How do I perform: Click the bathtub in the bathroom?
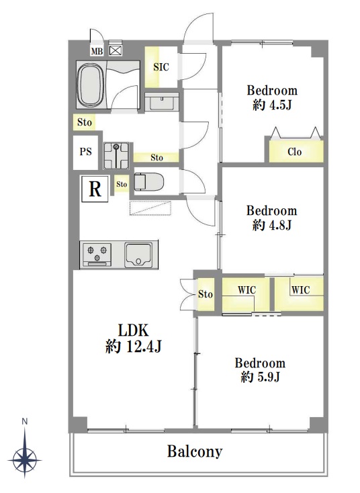coord(92,85)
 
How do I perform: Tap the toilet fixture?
coord(148,182)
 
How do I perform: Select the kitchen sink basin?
coord(138,255)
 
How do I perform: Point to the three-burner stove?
coord(97,255)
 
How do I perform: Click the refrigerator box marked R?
coord(95,189)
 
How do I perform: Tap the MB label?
coord(97,51)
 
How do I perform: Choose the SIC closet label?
coord(161,66)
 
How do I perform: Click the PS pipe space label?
coord(85,152)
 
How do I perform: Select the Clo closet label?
coord(295,152)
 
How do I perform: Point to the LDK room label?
coord(133,330)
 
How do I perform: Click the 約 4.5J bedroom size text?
coord(272,105)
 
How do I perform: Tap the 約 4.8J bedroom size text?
coord(272,225)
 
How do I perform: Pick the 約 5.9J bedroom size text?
coord(261,377)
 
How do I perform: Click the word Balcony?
coord(195,451)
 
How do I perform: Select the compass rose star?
coord(25,459)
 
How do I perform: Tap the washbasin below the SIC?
coord(162,101)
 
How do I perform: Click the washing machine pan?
coord(116,156)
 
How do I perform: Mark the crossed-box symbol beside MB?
coord(116,50)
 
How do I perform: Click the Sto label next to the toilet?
coord(122,184)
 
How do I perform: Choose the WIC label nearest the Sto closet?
coord(246,289)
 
